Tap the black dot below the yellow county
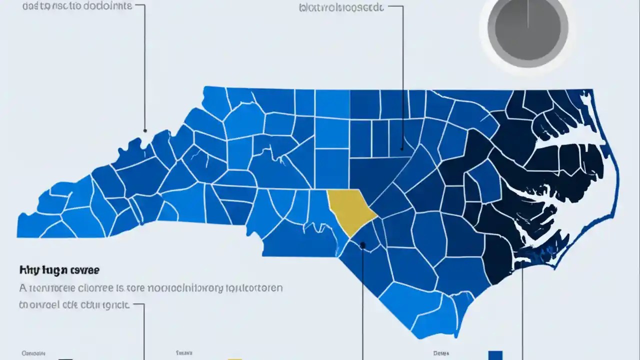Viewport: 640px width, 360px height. click(x=363, y=245)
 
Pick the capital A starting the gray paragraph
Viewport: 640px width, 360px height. click(x=22, y=288)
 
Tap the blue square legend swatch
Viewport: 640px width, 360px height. click(x=495, y=355)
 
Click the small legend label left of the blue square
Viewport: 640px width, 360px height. click(x=441, y=353)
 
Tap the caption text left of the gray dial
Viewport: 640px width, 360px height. click(x=341, y=7)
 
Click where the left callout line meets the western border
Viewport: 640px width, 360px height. click(x=145, y=131)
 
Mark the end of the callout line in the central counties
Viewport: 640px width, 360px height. click(x=402, y=148)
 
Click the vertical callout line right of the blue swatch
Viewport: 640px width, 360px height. click(x=522, y=320)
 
